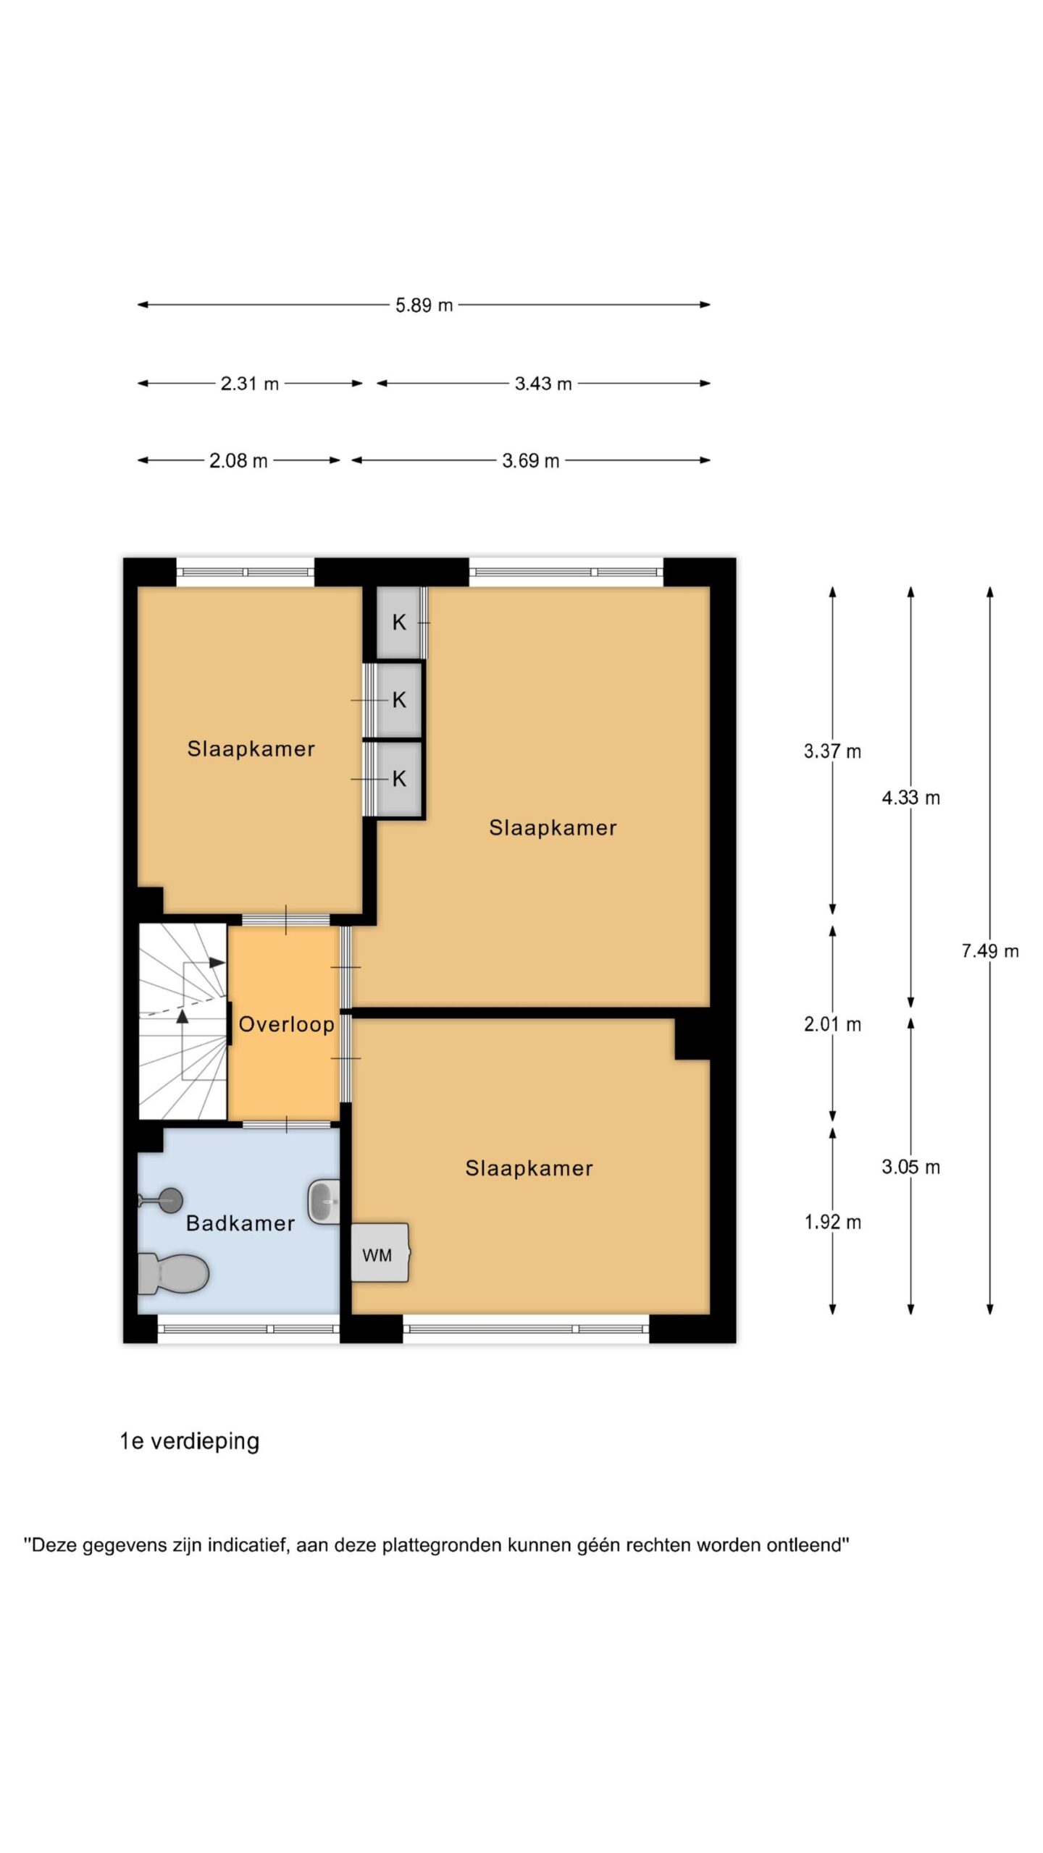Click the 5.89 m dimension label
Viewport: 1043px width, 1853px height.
424,305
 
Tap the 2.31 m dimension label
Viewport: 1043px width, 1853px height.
250,384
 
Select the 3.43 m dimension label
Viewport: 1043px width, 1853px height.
543,384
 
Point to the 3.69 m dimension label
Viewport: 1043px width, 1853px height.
531,461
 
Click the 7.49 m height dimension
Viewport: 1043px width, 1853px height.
990,951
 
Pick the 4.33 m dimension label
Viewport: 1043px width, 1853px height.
911,798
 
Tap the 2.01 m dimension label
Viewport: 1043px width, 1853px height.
833,1025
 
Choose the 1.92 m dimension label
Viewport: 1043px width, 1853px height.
833,1223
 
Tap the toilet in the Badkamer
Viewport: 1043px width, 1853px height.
173,1274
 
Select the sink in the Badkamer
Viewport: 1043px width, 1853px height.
324,1202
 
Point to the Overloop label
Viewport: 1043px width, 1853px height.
287,1025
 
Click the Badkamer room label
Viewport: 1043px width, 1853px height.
240,1223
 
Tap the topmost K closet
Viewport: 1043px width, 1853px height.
398,622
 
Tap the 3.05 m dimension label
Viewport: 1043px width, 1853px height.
911,1167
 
